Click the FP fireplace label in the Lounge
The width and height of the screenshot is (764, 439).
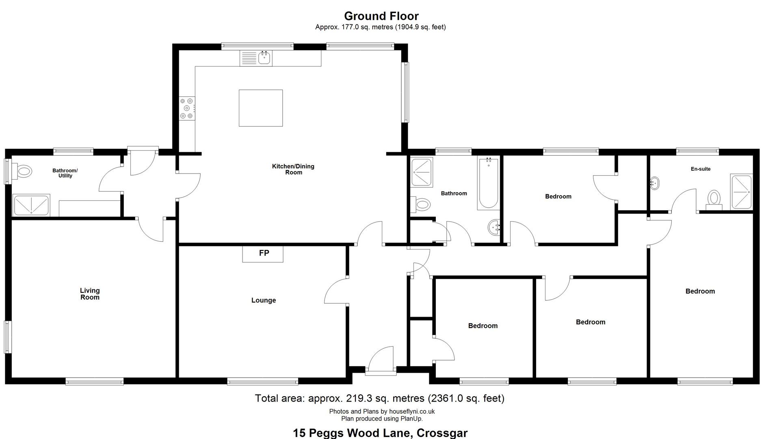pos(264,253)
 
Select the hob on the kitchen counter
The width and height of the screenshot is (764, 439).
pos(187,108)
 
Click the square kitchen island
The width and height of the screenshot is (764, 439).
pos(261,108)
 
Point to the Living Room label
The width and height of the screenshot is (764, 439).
pos(90,294)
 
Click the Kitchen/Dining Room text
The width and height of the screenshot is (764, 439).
pos(293,169)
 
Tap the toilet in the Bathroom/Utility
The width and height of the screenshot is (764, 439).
pos(22,171)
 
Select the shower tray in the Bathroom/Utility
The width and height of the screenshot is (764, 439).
pos(31,205)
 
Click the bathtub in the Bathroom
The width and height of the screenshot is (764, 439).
pos(488,184)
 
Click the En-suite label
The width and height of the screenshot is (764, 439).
pos(701,169)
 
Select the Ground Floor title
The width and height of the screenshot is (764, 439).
pos(381,16)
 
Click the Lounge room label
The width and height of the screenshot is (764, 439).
pos(264,300)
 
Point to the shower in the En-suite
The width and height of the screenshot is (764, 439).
pos(741,192)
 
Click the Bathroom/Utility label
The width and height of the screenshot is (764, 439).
pos(65,173)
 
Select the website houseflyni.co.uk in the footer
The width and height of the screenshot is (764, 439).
pos(412,411)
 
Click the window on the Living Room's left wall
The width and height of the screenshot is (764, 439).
pos(7,337)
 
